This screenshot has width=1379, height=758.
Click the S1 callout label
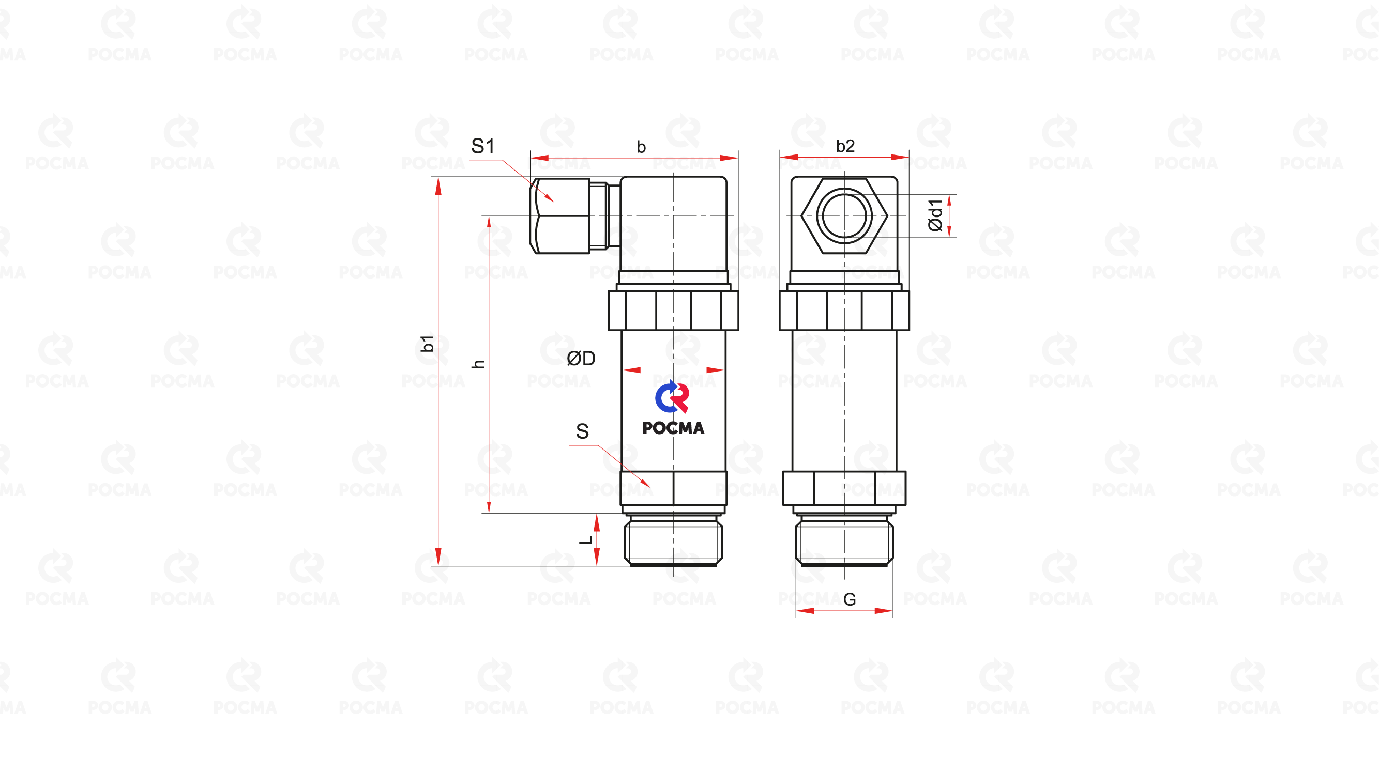pos(482,146)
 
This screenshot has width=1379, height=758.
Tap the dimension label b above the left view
pos(641,147)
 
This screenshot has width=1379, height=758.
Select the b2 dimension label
pos(845,146)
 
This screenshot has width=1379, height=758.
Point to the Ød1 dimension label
pos(935,215)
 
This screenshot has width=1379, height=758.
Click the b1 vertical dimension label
pos(427,344)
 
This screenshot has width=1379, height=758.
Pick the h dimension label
pos(478,364)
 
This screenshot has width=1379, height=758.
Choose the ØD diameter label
pos(581,358)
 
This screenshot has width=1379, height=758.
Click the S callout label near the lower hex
pos(582,431)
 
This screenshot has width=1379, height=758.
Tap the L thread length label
pos(586,539)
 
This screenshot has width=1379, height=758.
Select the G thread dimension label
pos(849,599)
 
